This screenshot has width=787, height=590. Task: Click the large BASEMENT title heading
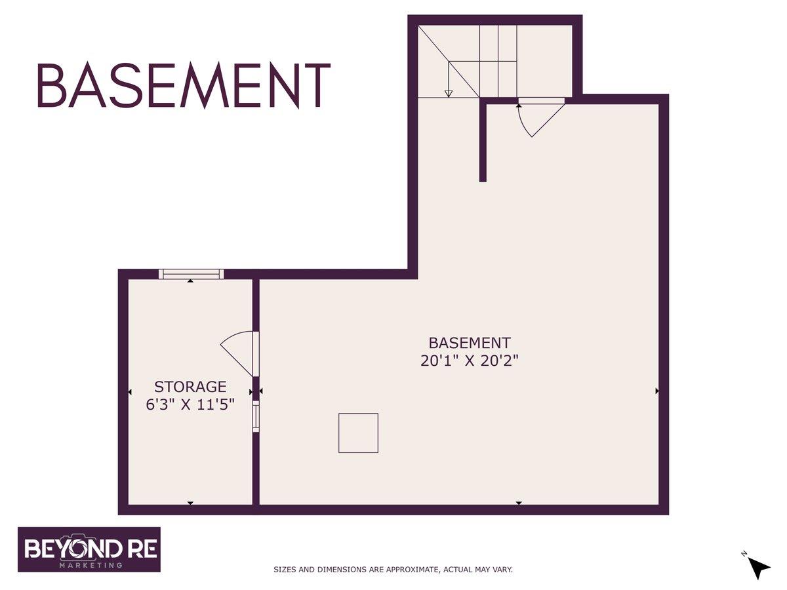[x=184, y=86]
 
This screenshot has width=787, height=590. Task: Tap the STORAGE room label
[x=190, y=387]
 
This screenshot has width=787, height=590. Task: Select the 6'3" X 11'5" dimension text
[x=190, y=404]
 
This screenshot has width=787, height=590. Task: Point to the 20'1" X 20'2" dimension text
[x=470, y=361]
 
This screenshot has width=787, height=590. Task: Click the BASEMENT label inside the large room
[x=470, y=343]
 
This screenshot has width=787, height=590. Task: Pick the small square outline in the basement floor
[x=358, y=433]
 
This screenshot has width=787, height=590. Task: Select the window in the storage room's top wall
[x=191, y=275]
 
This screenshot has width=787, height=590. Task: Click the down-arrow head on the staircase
[x=448, y=94]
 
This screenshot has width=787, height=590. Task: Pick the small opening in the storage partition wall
[x=256, y=417]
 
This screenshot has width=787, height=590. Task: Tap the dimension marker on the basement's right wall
[x=657, y=391]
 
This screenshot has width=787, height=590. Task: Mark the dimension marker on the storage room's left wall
[x=130, y=392]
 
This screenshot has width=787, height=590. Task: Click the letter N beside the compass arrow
[x=744, y=564]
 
